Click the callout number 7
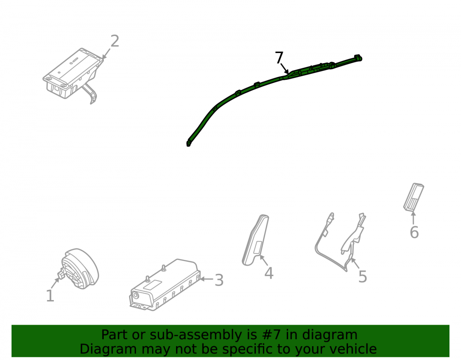(279, 58)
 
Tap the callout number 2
(115, 41)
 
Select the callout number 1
(50, 295)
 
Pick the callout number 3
(219, 280)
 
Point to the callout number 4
(269, 273)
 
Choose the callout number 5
(363, 277)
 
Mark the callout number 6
(414, 232)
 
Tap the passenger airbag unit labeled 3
(165, 285)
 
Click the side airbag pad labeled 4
(255, 240)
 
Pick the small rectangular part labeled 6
(414, 197)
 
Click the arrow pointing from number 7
(284, 69)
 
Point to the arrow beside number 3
(207, 279)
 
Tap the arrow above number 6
(414, 218)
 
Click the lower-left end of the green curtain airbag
(189, 144)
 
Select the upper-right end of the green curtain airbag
(359, 57)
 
